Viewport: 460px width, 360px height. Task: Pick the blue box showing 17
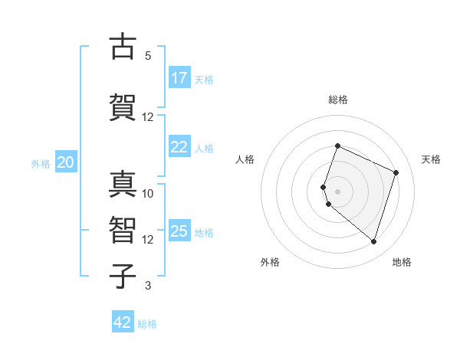pos(179,78)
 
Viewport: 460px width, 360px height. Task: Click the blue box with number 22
pos(179,147)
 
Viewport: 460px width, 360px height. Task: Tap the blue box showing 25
pos(179,231)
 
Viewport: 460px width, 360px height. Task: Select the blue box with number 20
pos(66,162)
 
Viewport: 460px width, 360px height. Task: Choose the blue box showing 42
pos(123,322)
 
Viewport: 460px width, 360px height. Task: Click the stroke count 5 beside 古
pos(148,56)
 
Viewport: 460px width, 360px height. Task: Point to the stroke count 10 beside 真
pos(148,194)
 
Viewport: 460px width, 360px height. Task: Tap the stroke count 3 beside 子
pos(148,286)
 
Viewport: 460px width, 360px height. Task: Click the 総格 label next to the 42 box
pos(147,324)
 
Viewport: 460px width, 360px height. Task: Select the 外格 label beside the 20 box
pos(41,163)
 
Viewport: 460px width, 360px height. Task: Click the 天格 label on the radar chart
pos(431,159)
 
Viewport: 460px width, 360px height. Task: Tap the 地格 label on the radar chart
pos(402,262)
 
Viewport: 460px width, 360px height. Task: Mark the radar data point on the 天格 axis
pos(396,172)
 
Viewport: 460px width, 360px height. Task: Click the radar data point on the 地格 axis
pos(373,241)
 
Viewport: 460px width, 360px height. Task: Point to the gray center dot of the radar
pos(338,191)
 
